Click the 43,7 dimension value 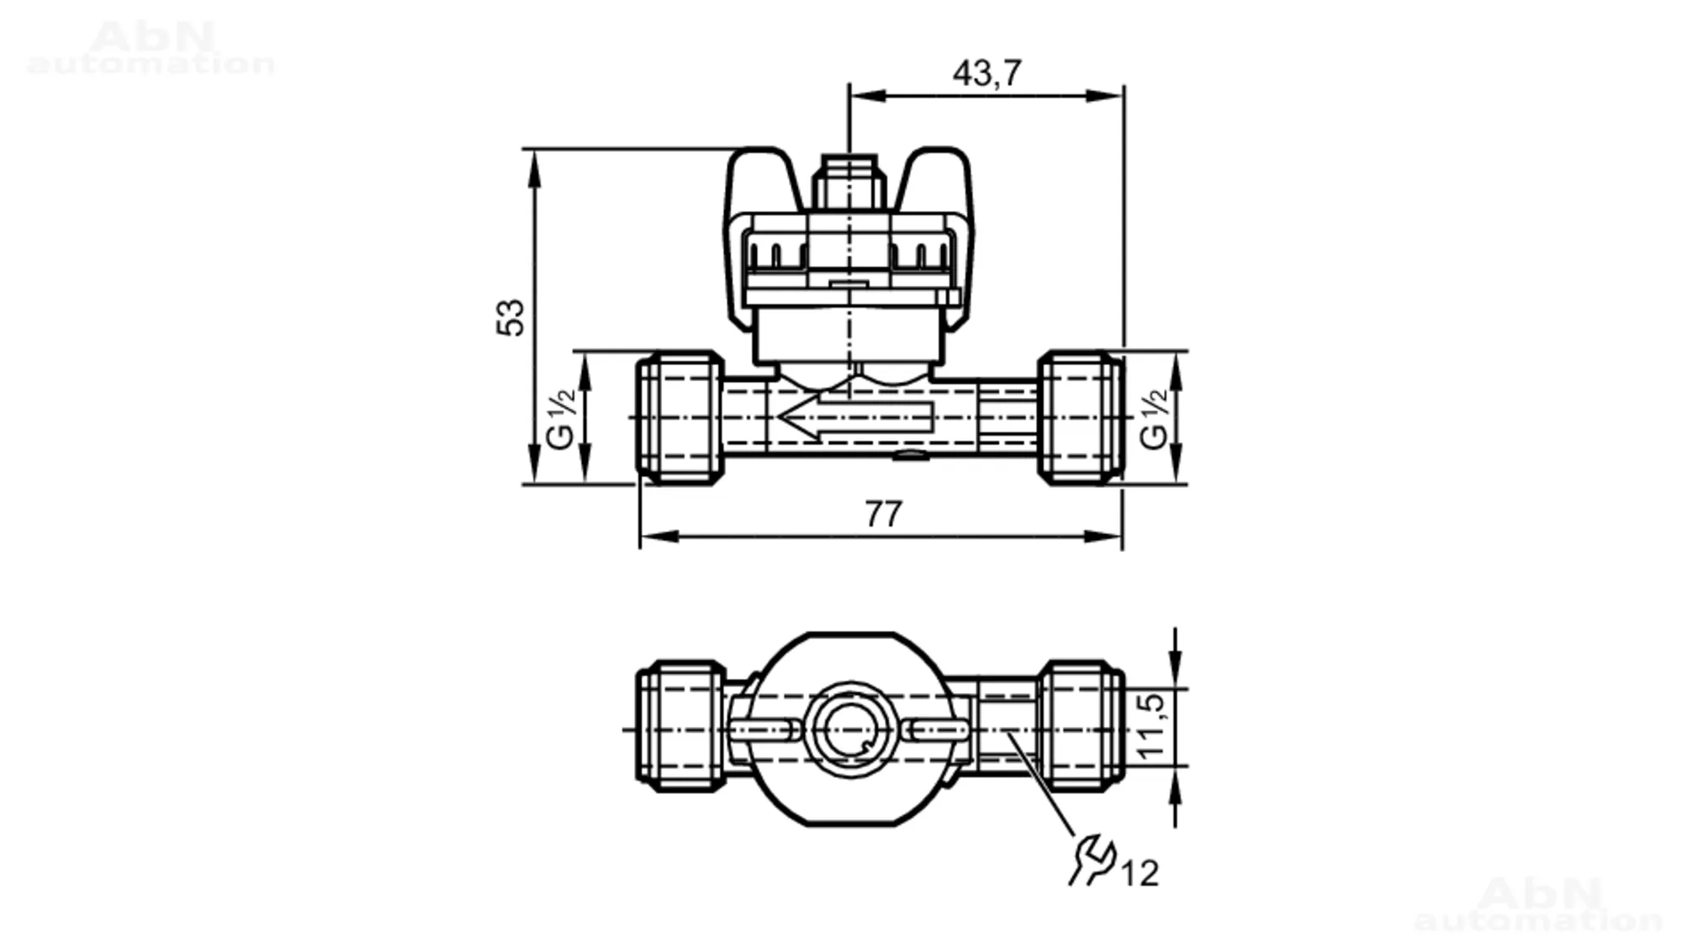[986, 73]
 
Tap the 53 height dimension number [510, 317]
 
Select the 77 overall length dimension [883, 513]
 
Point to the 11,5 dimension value [1151, 727]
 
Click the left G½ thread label [561, 418]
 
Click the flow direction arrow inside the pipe [855, 417]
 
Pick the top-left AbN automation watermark [151, 49]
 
